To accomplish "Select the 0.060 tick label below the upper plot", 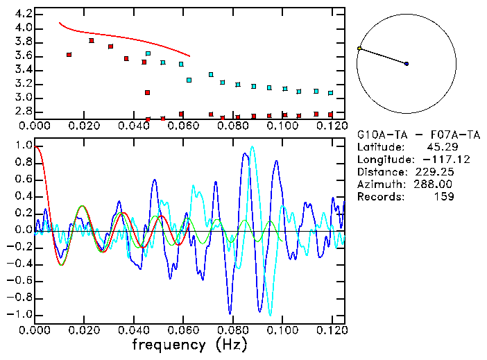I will (x=184, y=126).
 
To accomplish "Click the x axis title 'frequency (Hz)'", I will (x=189, y=345).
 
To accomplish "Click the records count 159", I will (x=444, y=197).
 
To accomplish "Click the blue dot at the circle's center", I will (x=407, y=64).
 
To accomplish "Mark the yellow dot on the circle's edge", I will (x=359, y=49).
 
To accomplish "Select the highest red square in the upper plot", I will (x=92, y=41).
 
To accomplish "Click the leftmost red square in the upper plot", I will (x=69, y=54).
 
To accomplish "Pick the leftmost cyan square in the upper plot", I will (x=148, y=53).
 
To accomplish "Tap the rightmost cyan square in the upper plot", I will (x=330, y=93).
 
